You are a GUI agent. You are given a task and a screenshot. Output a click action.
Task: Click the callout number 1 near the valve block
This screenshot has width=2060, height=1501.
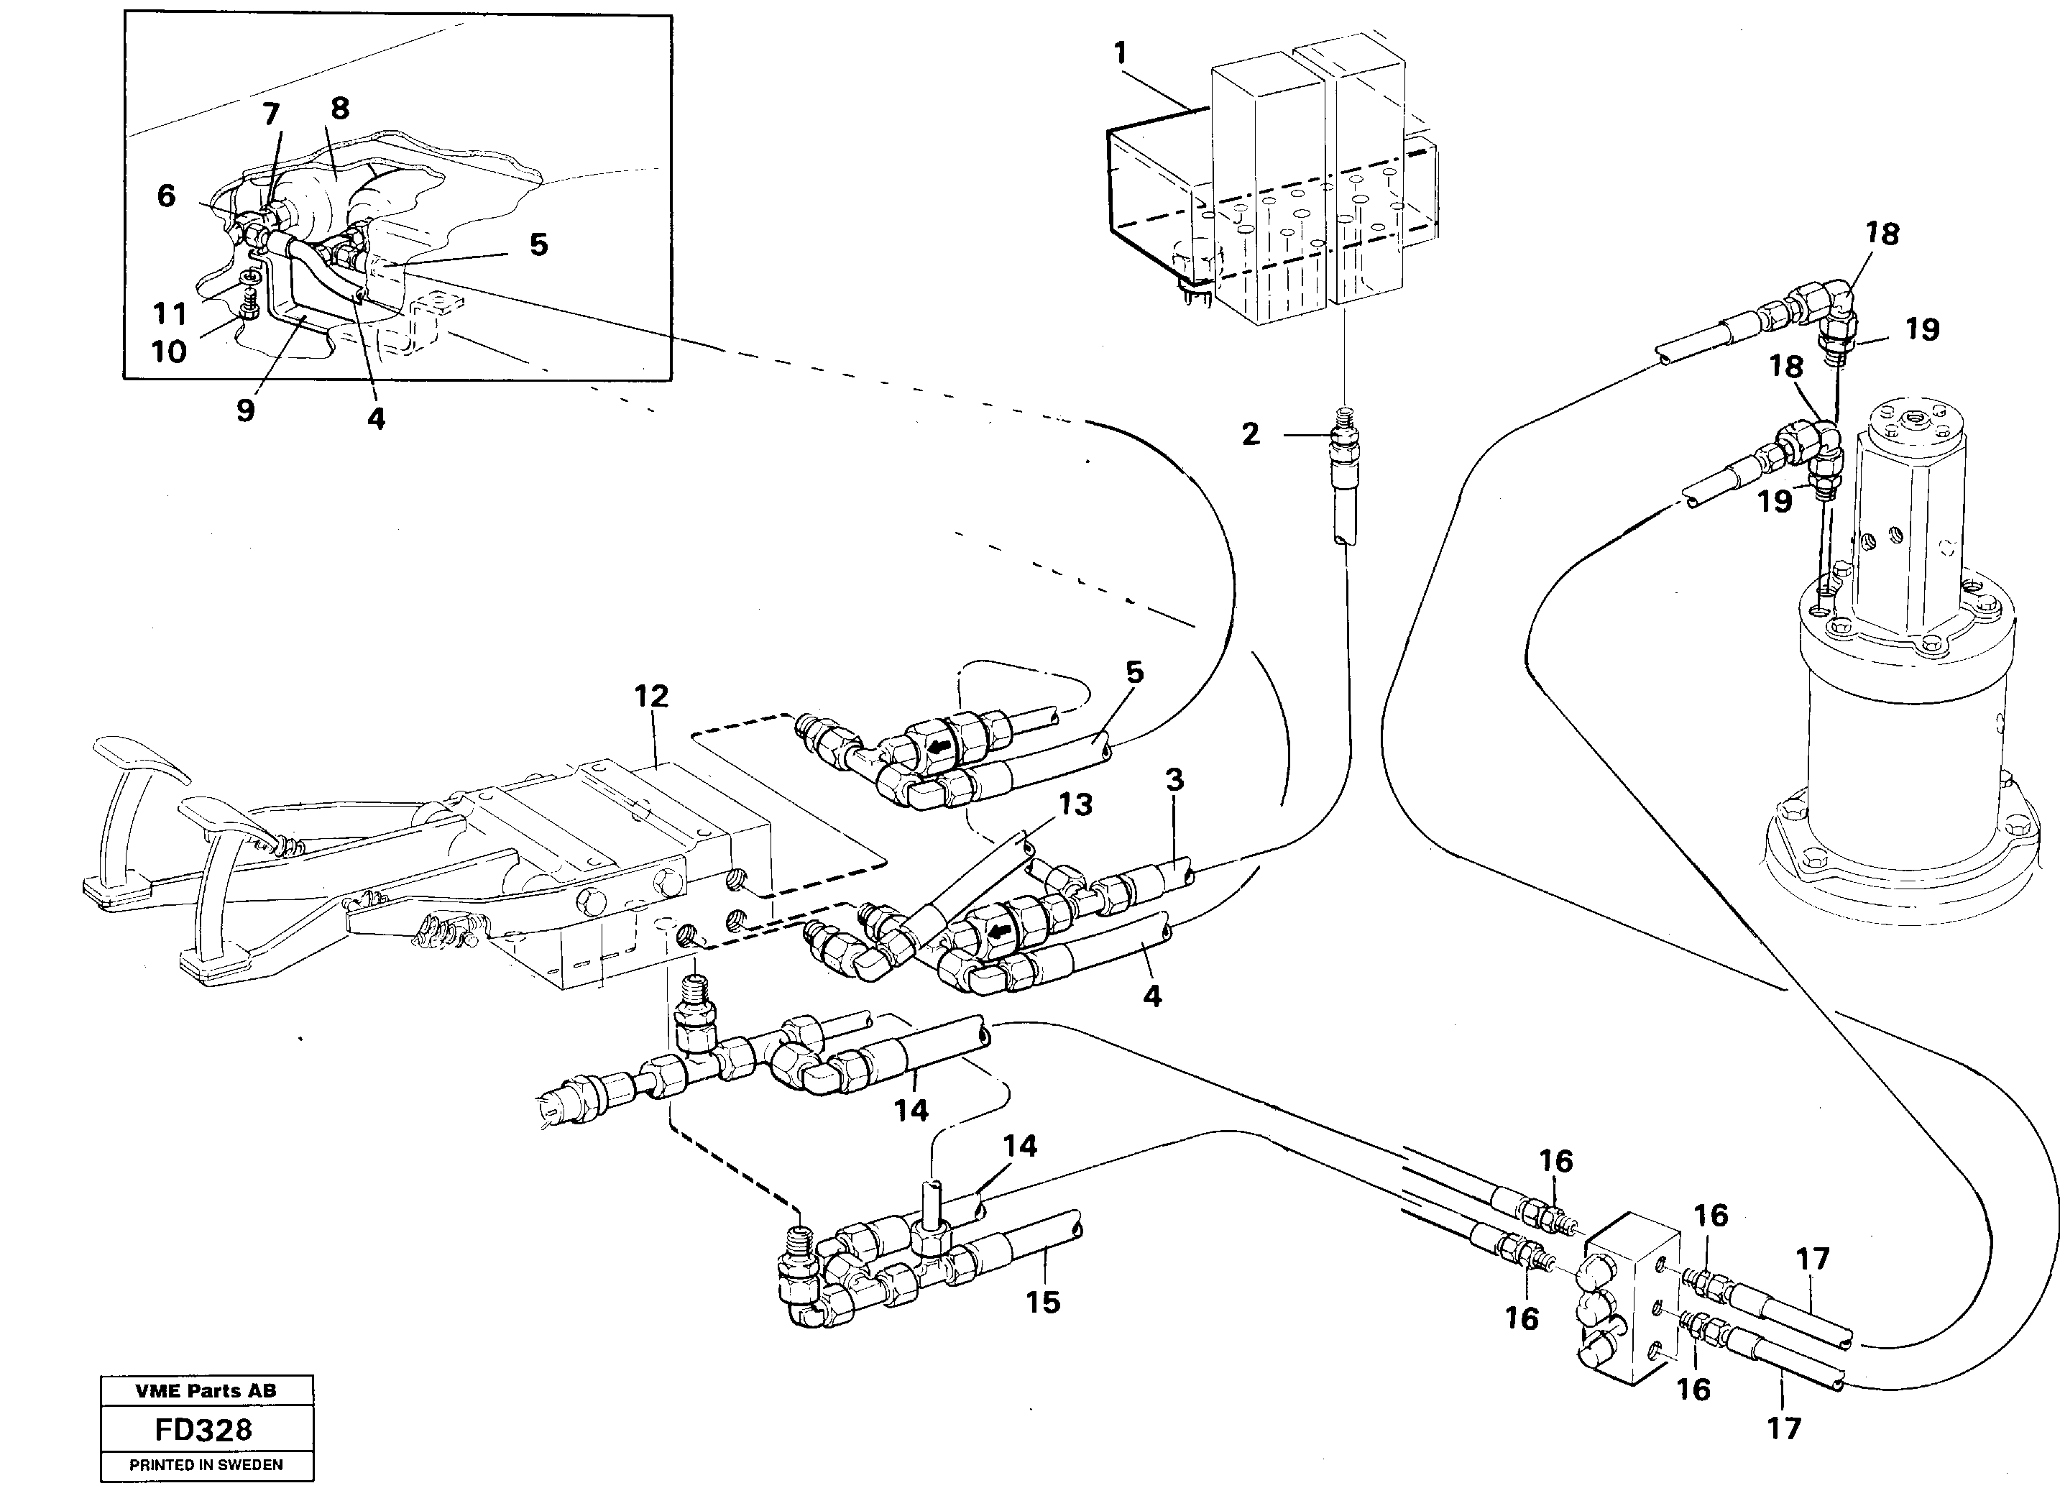pos(1120,54)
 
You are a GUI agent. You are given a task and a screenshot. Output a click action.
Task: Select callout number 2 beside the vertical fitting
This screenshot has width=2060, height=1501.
pos(1251,434)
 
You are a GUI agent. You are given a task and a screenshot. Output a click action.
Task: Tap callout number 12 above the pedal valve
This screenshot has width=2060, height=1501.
pos(651,696)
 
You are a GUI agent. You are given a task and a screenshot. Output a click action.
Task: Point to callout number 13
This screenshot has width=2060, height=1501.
pos(1075,804)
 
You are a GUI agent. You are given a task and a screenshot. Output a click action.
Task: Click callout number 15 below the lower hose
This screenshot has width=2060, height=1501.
pos(1043,1303)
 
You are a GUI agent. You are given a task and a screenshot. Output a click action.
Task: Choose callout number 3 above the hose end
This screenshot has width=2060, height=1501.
pos(1174,779)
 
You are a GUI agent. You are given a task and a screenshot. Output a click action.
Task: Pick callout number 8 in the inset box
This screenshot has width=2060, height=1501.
pos(340,108)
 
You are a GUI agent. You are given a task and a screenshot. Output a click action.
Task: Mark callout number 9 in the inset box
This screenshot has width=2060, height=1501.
pos(245,410)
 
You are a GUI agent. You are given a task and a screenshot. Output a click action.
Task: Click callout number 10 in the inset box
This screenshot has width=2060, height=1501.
pos(168,352)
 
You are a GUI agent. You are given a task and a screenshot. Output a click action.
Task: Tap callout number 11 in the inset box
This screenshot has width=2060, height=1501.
pos(169,314)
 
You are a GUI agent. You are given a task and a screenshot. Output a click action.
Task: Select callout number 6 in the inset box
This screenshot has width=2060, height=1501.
pos(166,196)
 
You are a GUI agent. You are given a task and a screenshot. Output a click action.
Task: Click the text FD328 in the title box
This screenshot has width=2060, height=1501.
pos(203,1430)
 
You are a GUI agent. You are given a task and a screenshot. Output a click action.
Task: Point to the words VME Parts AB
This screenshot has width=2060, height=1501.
pos(206,1390)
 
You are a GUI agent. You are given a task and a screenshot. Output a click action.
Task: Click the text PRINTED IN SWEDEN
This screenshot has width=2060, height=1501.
pos(206,1464)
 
